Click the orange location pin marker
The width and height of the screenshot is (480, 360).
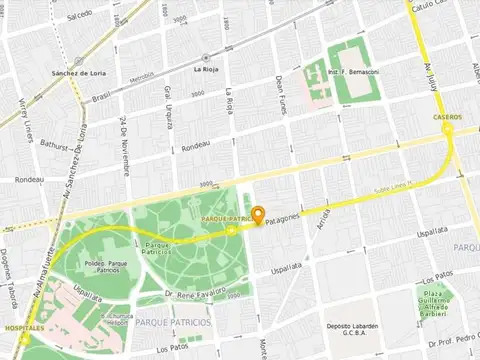point(257,215)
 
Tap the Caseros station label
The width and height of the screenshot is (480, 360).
point(446,117)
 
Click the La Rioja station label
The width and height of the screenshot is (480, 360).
point(205,69)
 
